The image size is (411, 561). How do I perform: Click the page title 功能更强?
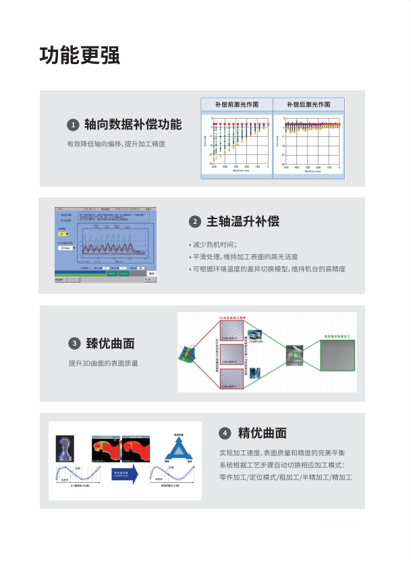pos(80,55)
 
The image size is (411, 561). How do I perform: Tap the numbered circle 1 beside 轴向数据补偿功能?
pos(73,125)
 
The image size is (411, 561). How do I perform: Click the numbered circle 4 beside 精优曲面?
pos(225,433)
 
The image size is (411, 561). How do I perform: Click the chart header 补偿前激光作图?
pos(236,105)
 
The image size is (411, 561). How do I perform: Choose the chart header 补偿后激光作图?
pos(308,105)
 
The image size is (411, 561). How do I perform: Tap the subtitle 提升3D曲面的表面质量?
pos(103,363)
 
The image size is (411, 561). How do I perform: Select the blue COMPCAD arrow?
pos(125,475)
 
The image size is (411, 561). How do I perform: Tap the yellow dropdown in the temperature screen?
pos(63,235)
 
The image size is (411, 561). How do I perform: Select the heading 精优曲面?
pos(263,433)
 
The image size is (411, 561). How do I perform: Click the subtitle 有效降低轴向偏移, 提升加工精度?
pos(116,144)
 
